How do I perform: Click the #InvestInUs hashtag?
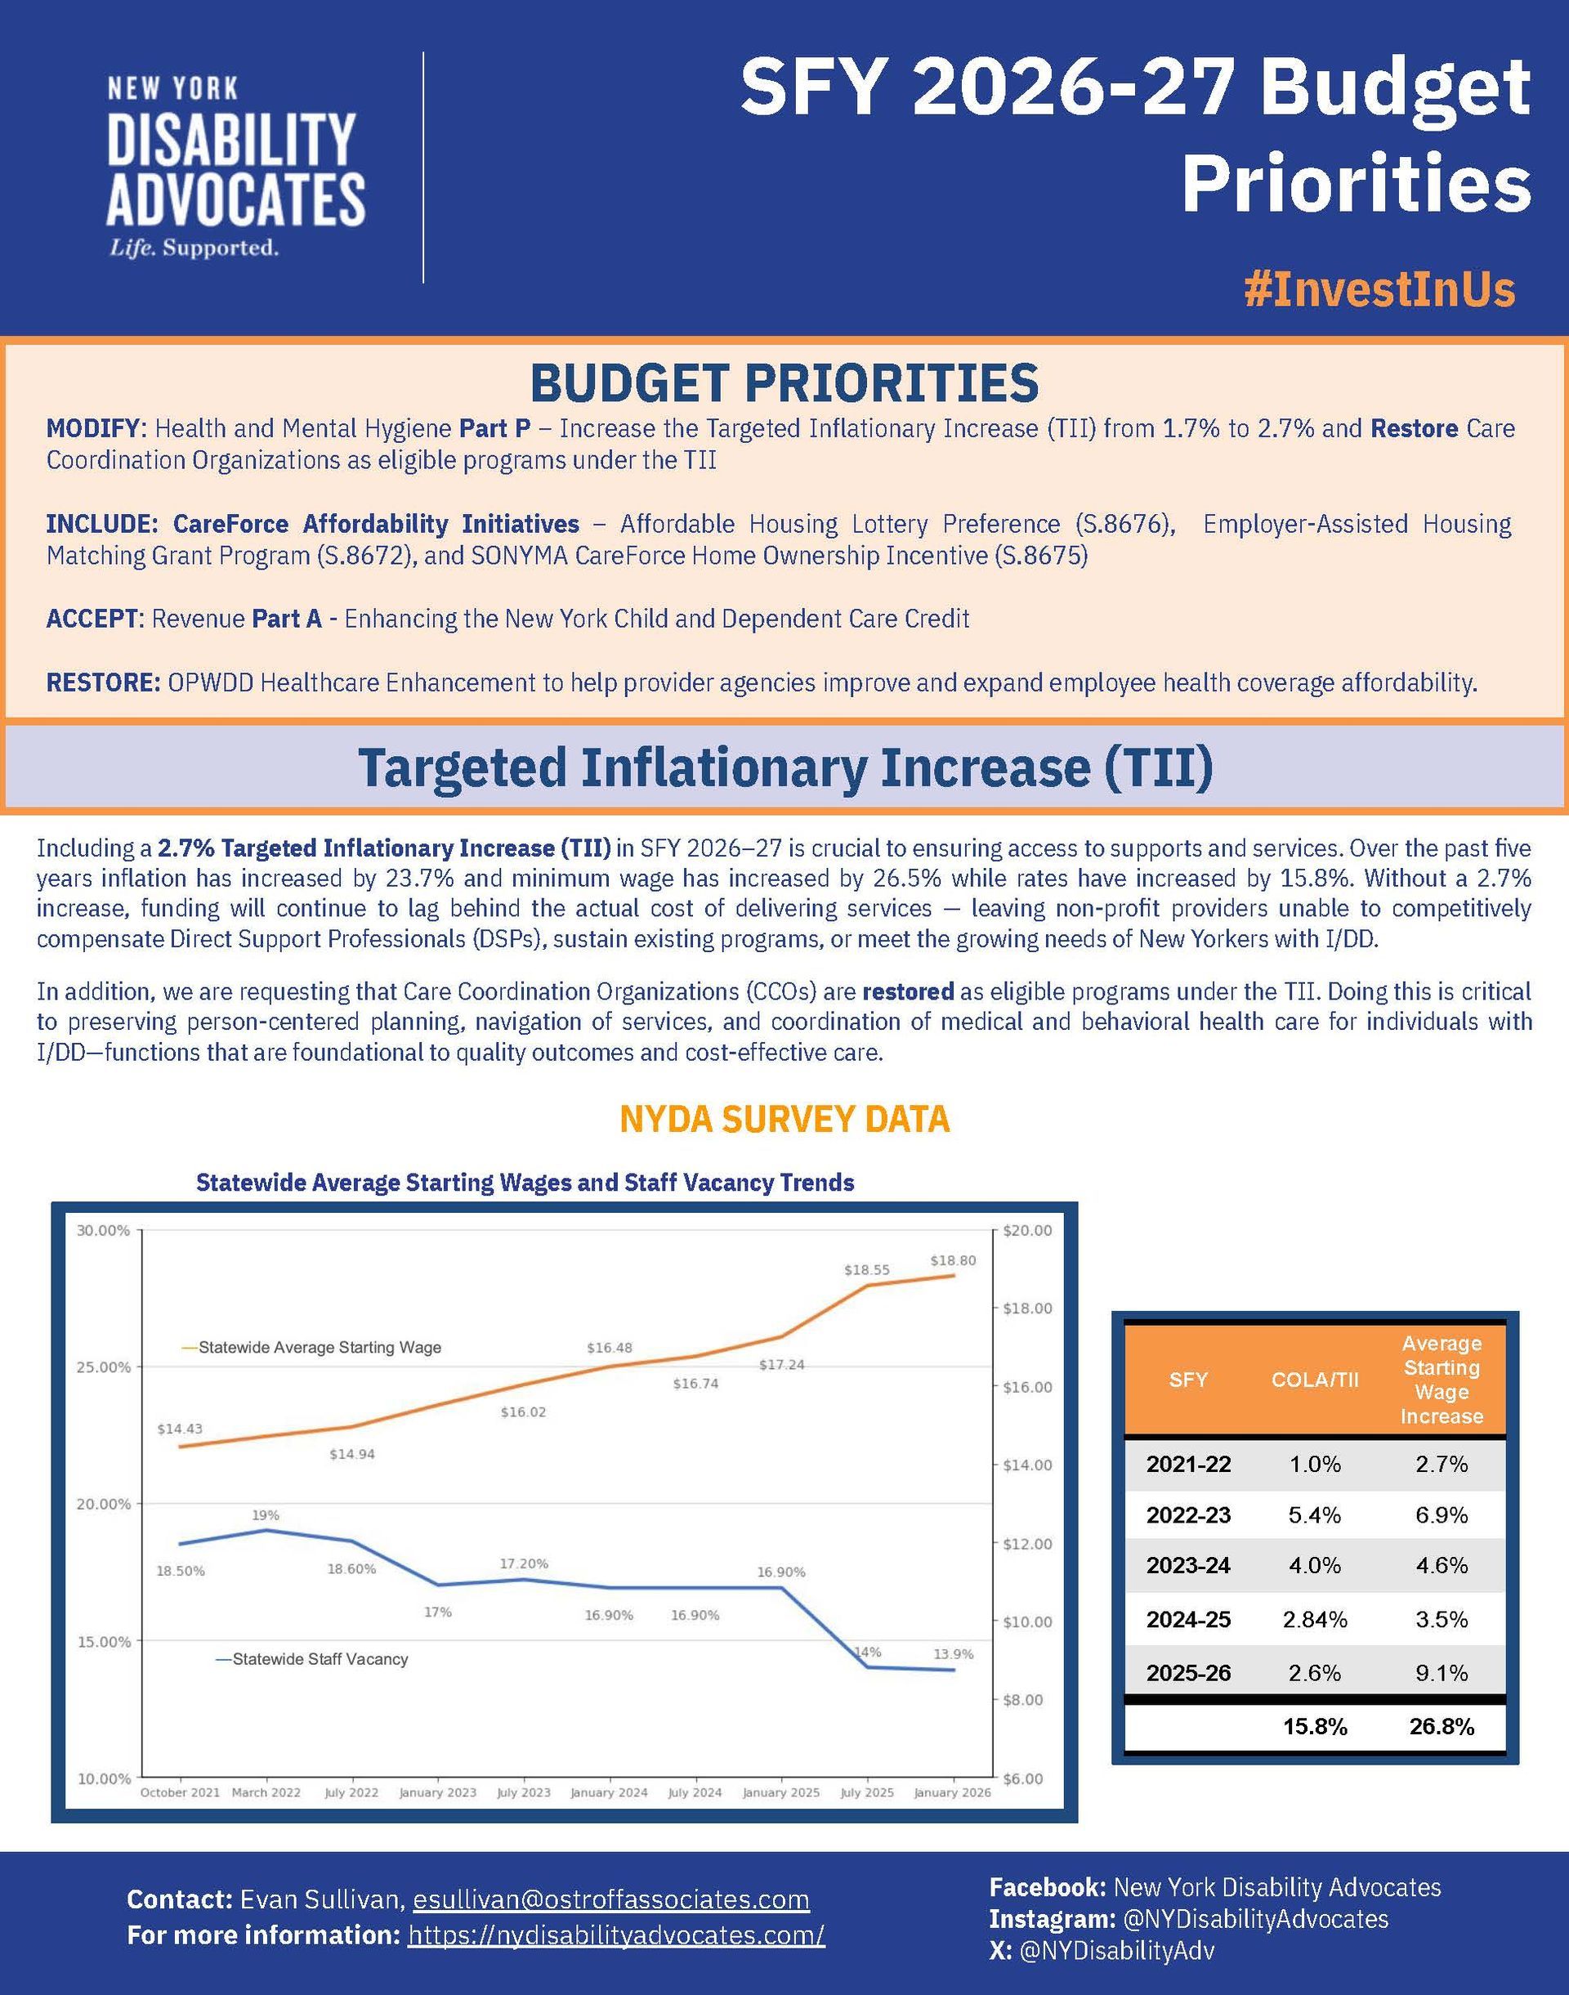click(1379, 289)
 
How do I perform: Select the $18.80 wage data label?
click(953, 1260)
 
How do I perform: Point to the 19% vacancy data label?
click(266, 1515)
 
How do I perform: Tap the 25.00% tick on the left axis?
click(104, 1367)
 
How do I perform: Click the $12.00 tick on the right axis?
click(1026, 1544)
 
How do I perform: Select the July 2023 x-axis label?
click(523, 1792)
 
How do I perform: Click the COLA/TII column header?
click(1315, 1380)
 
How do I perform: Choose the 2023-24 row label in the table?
click(1187, 1565)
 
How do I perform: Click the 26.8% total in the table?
click(1442, 1726)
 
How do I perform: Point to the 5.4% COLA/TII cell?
click(1315, 1514)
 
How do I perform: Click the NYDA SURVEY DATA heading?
click(784, 1119)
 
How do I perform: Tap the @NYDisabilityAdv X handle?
click(1116, 1950)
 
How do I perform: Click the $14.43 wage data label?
click(180, 1429)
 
